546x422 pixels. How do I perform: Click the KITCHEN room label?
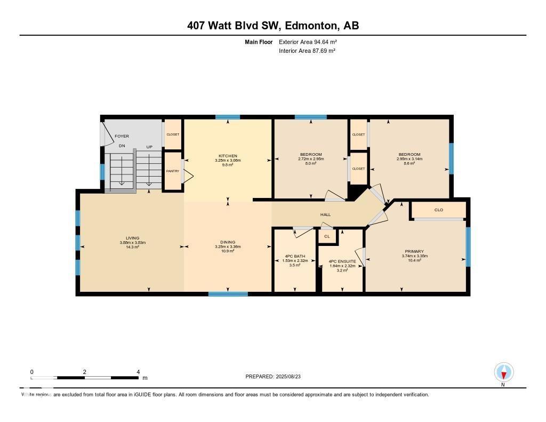(228, 155)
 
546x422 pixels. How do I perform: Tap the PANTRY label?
(172, 171)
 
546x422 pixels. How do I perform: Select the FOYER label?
(122, 137)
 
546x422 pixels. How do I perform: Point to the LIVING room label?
(132, 238)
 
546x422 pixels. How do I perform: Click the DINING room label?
(228, 242)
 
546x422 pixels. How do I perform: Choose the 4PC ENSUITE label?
(342, 261)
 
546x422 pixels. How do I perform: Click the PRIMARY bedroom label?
(414, 251)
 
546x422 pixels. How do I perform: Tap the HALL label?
(325, 214)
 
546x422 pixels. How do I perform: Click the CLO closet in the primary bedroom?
(438, 210)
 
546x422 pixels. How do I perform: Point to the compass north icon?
(503, 372)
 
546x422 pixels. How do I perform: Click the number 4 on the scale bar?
(138, 372)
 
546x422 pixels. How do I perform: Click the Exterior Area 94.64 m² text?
(308, 42)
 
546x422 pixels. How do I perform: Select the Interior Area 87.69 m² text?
(307, 51)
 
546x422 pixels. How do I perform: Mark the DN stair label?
(122, 146)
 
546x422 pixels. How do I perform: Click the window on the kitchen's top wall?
(228, 117)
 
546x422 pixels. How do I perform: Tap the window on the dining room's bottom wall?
(228, 293)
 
